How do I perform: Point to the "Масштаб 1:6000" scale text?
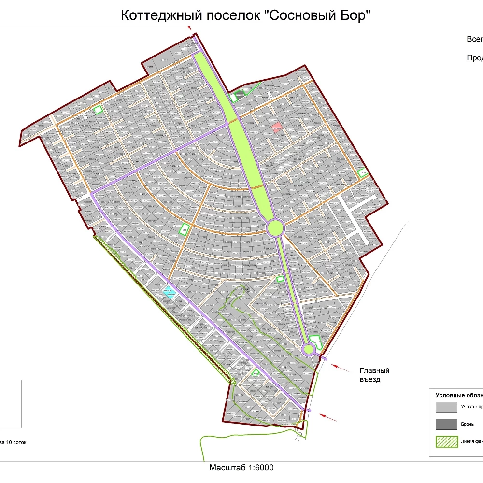coord(241,468)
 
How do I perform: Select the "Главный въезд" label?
coord(374,375)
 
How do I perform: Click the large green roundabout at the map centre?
coord(274,227)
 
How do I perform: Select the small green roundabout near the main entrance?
coord(308,349)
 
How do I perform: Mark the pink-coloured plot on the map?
coord(277,127)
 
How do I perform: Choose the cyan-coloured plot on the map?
coord(168,292)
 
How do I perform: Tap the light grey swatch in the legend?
coord(446,407)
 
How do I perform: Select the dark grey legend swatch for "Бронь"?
coord(446,425)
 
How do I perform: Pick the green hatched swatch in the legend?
coord(446,442)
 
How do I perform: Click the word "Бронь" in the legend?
coord(468,424)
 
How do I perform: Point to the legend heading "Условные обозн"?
coord(459,394)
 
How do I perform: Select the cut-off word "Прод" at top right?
coord(475,57)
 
